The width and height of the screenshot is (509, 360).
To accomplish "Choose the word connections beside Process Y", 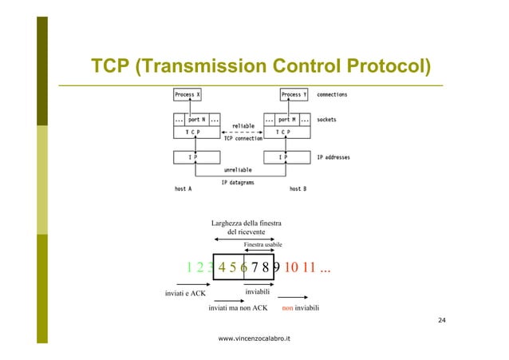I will [331, 95].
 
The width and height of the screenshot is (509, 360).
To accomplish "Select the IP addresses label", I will [333, 157].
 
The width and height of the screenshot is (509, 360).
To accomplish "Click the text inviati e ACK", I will [185, 293].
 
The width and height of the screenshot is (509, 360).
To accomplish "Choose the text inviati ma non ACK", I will [237, 307].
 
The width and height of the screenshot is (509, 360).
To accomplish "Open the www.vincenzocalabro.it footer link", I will [254, 338].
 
